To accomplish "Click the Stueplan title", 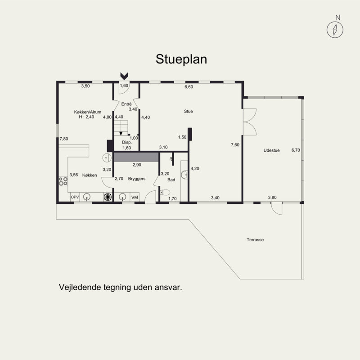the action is click(x=181, y=59).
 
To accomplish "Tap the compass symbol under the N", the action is click(x=335, y=30).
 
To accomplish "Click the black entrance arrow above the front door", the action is click(x=124, y=76).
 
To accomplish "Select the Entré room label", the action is click(x=126, y=104).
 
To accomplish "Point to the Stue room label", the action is click(x=188, y=111).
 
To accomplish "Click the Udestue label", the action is click(x=271, y=150).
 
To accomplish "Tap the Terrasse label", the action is click(x=255, y=240).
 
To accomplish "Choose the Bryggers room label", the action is click(x=137, y=179).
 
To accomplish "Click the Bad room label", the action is click(x=171, y=180).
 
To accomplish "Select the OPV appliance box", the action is click(x=75, y=197).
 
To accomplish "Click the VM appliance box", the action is click(x=135, y=197).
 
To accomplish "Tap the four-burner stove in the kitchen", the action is click(x=63, y=181).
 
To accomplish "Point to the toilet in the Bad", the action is click(x=165, y=192).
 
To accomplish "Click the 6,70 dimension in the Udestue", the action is click(x=296, y=150).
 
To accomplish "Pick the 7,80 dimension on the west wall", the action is click(x=64, y=139).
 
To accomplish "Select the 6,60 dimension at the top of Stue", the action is click(x=189, y=87).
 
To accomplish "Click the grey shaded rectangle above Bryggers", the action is click(x=136, y=157).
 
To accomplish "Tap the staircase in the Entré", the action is click(x=121, y=128).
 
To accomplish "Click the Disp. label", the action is click(x=127, y=142).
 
